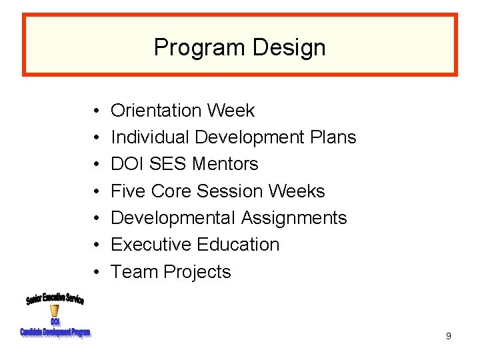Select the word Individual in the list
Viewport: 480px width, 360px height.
pos(150,137)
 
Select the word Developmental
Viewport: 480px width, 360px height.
pos(173,218)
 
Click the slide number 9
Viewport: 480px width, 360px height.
pos(448,336)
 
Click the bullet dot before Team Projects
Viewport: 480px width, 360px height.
pos(97,272)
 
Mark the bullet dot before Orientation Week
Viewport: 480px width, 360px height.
pos(97,110)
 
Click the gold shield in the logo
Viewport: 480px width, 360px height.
pos(55,311)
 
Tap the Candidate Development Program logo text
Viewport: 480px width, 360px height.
pos(55,332)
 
